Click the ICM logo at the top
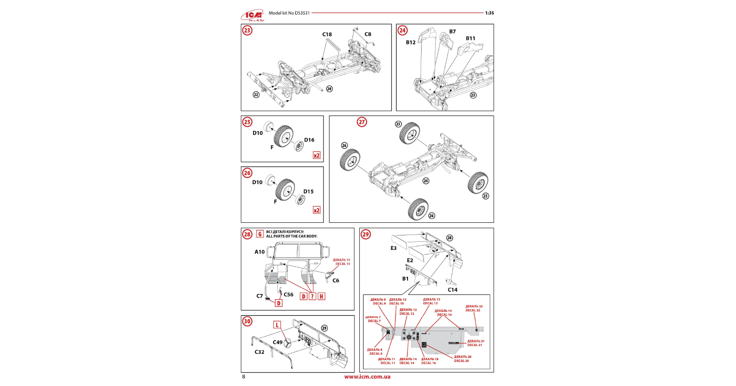pyautogui.click(x=253, y=16)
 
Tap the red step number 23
pyautogui.click(x=247, y=30)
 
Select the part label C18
pyautogui.click(x=327, y=34)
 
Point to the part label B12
pyautogui.click(x=411, y=42)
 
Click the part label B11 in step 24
pyautogui.click(x=471, y=39)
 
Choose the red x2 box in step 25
pyautogui.click(x=317, y=156)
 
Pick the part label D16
pyautogui.click(x=309, y=140)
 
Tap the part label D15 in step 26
pyautogui.click(x=308, y=192)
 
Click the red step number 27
pyautogui.click(x=362, y=122)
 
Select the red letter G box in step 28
pyautogui.click(x=260, y=234)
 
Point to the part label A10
pyautogui.click(x=259, y=252)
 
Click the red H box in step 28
pyautogui.click(x=321, y=297)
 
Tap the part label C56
pyautogui.click(x=288, y=295)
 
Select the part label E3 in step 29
pyautogui.click(x=393, y=248)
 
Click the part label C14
pyautogui.click(x=453, y=290)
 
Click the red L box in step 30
pyautogui.click(x=277, y=325)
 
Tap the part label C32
pyautogui.click(x=259, y=352)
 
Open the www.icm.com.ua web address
pyautogui.click(x=367, y=376)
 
